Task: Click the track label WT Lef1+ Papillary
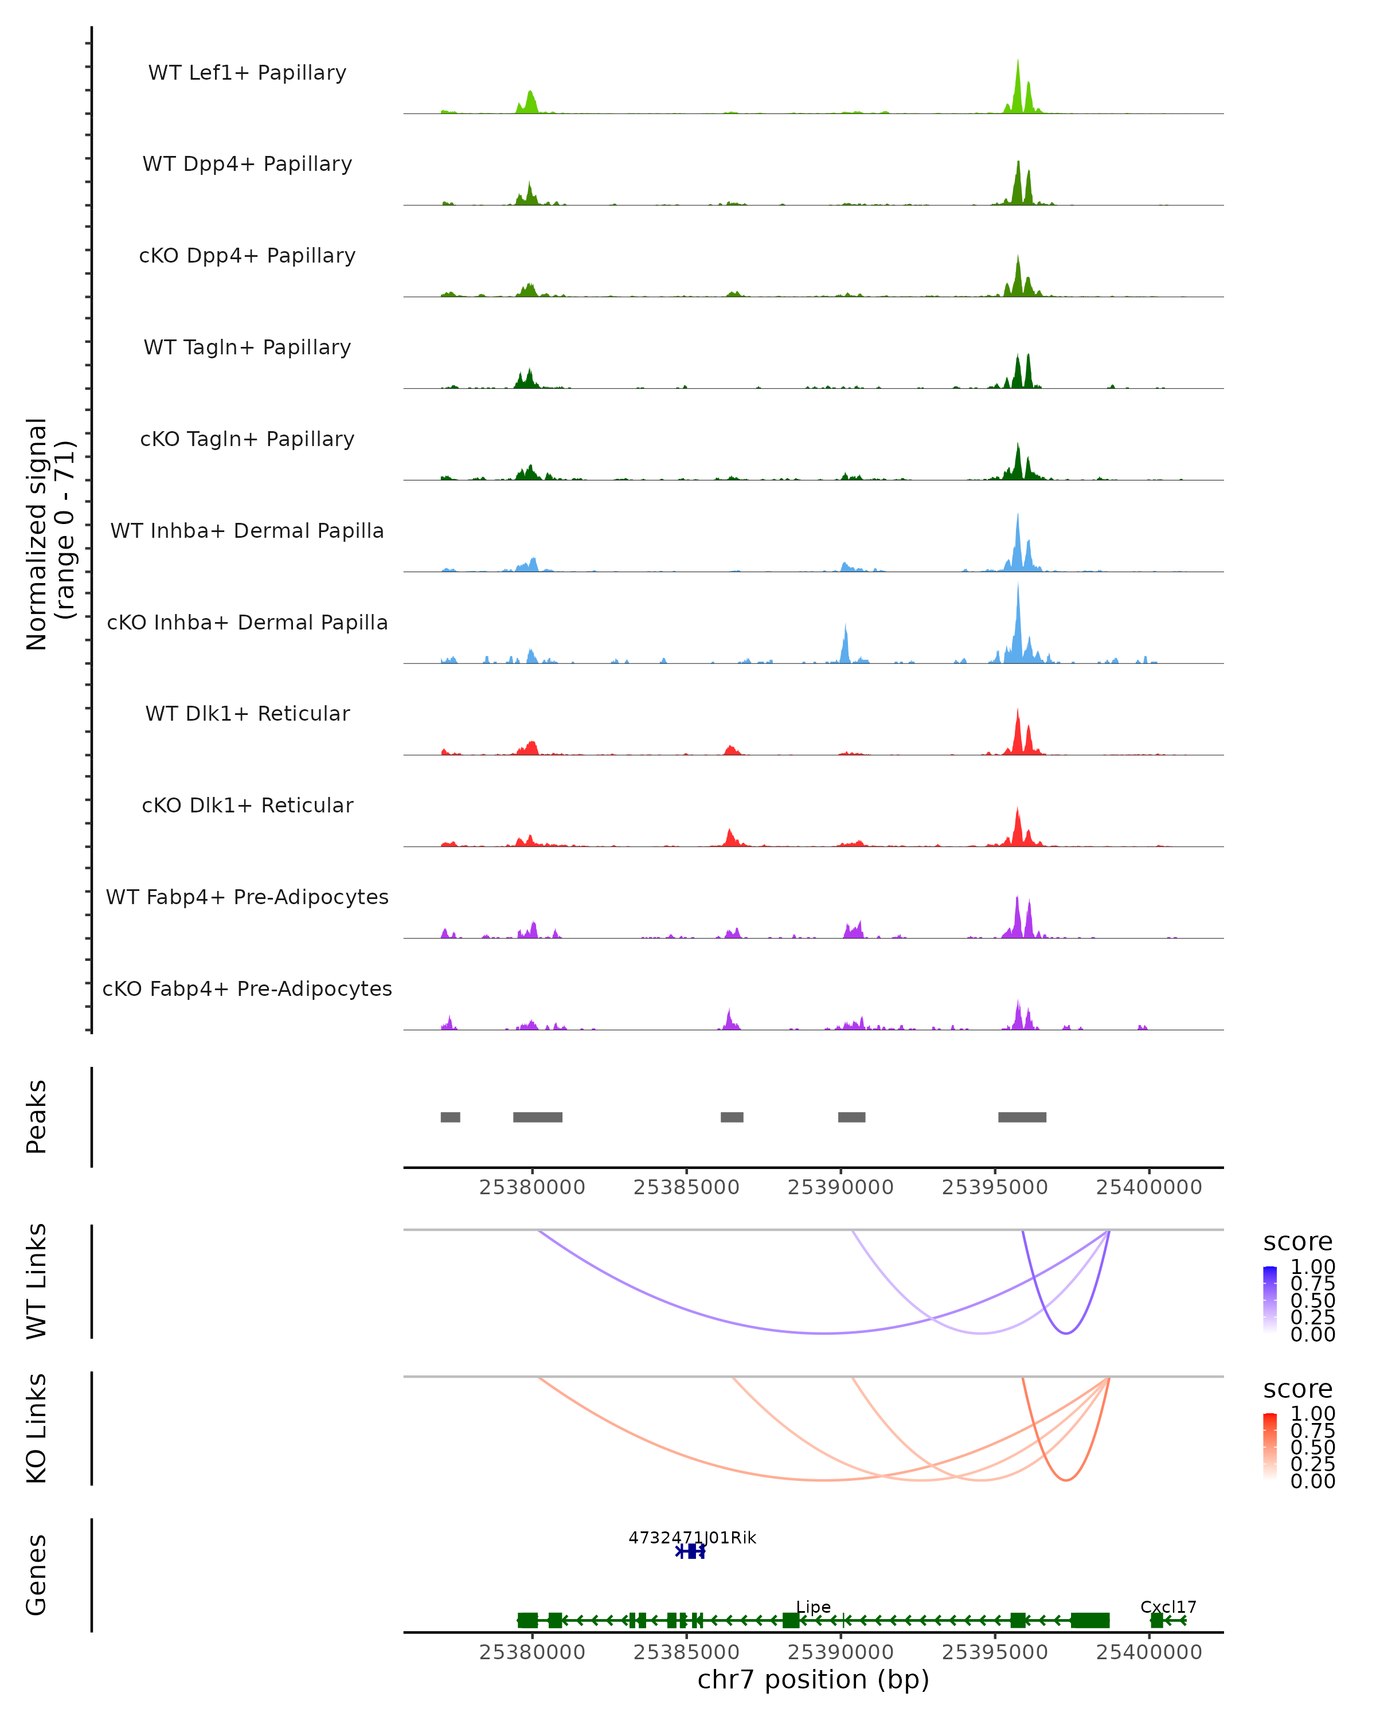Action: (x=247, y=73)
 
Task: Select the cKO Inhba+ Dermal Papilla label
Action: (x=247, y=622)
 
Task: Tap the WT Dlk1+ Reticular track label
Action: (x=247, y=714)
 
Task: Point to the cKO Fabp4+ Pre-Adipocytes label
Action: (x=247, y=988)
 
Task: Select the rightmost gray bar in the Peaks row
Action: (x=1022, y=1117)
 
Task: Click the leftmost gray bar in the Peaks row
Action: (x=450, y=1117)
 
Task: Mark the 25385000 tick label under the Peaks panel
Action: (x=686, y=1187)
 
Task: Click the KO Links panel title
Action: (x=37, y=1428)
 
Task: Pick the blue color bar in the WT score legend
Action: (x=1270, y=1300)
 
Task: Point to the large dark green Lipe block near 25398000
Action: (x=1090, y=1620)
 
